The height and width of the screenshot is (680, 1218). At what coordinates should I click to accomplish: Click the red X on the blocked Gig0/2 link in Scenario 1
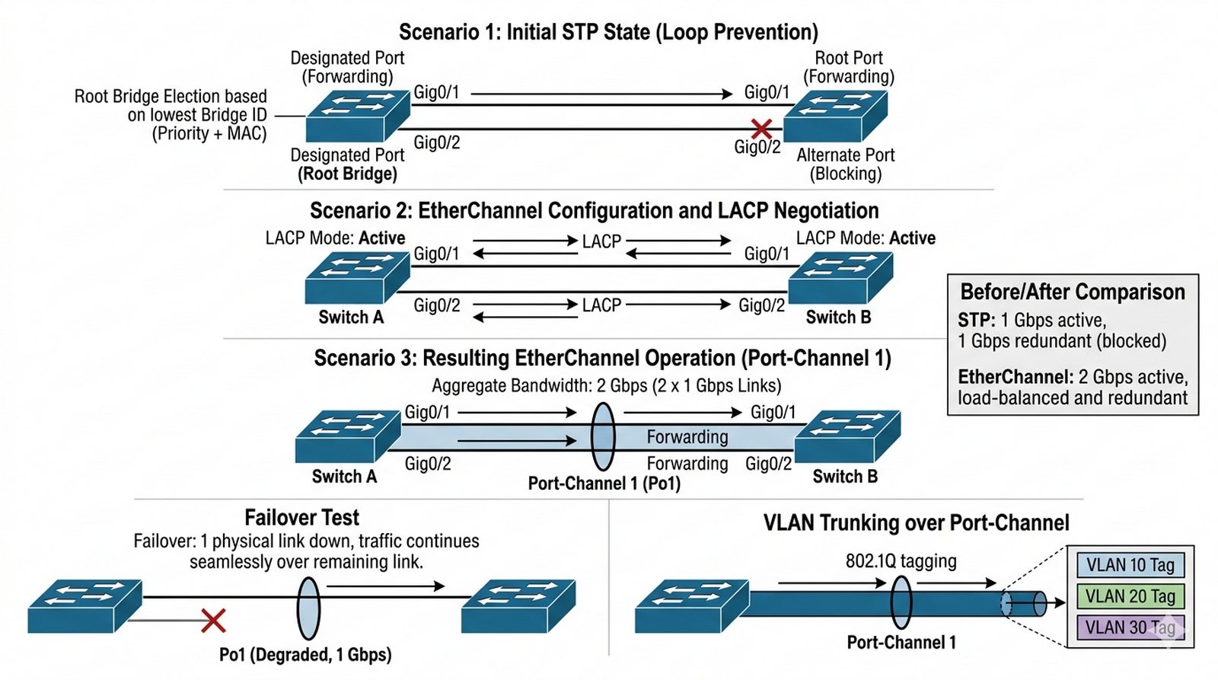pos(761,128)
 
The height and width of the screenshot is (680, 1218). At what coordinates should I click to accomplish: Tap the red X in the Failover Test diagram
pos(213,621)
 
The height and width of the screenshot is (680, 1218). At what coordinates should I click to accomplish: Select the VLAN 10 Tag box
pos(1130,565)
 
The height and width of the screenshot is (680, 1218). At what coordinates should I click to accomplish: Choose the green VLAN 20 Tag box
pos(1130,596)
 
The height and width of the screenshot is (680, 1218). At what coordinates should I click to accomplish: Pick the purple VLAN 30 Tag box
pos(1130,627)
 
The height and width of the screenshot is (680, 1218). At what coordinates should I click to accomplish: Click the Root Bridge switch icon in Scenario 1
pos(358,116)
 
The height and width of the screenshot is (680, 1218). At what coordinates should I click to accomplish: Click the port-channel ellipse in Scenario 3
pos(603,436)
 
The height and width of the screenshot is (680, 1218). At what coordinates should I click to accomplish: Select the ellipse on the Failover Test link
pos(308,608)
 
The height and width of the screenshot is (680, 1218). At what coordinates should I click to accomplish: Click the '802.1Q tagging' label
pos(901,561)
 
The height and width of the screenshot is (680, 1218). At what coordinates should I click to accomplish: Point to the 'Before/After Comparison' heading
pos(1073,292)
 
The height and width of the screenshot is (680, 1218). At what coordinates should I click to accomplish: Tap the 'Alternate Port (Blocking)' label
pos(846,164)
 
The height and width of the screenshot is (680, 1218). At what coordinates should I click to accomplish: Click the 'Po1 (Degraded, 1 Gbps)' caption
pos(305,655)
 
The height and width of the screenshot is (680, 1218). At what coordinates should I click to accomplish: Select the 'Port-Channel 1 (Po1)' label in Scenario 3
pos(604,484)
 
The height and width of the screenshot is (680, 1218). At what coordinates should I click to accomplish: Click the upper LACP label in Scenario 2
pos(601,241)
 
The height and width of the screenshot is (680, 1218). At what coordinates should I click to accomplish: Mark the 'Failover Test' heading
pos(301,518)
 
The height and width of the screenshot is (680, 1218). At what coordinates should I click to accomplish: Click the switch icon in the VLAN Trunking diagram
pos(692,605)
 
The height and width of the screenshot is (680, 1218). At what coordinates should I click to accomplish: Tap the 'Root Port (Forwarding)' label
pos(849,67)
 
